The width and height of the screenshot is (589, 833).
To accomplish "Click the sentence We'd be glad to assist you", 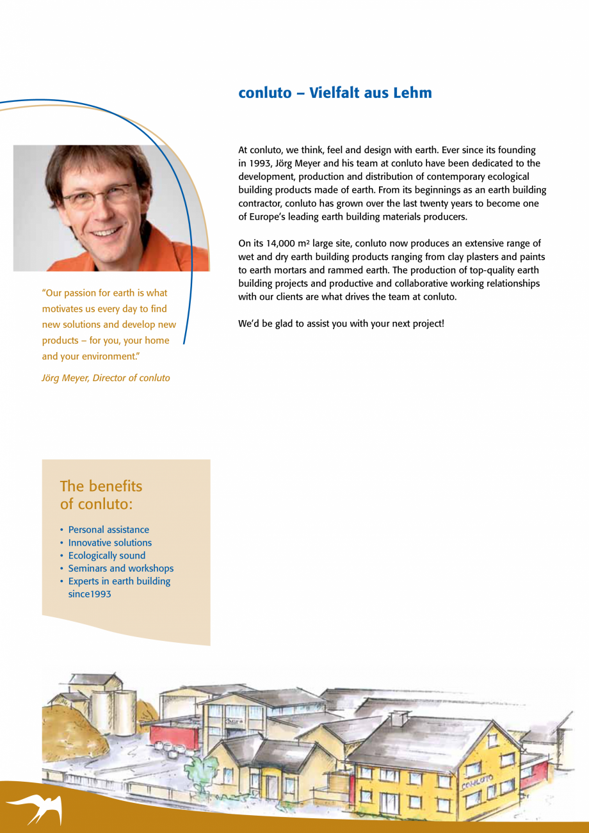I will click(x=341, y=324).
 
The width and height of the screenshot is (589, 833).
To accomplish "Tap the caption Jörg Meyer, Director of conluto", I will click(x=106, y=378).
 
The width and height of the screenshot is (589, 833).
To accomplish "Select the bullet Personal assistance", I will click(x=108, y=530).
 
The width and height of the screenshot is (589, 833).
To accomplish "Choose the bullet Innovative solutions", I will click(x=109, y=542).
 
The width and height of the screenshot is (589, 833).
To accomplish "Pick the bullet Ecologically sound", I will click(x=106, y=555).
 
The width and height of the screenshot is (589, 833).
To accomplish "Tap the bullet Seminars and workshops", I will click(x=120, y=568).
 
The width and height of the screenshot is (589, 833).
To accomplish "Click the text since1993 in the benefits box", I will click(x=90, y=594).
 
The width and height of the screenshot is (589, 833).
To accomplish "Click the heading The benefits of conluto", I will click(x=101, y=495).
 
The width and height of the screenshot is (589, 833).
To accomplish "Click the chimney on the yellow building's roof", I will click(x=399, y=718).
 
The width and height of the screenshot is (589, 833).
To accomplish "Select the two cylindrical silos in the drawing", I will click(x=113, y=708).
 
